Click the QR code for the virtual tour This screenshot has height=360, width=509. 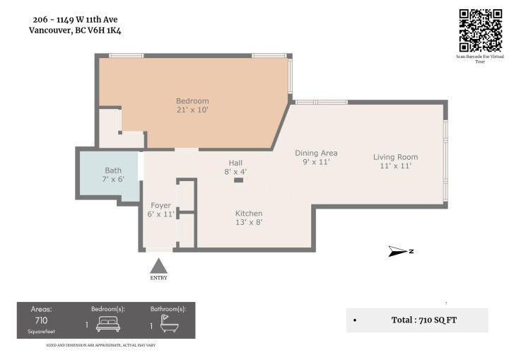481,29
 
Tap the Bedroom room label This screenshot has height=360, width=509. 192,101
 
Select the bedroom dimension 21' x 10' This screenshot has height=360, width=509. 192,110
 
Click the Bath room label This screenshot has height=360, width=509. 113,170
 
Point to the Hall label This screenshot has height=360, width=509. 235,163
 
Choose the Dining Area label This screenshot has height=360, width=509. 316,153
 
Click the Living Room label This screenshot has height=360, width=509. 396,157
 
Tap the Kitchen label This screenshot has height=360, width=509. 249,214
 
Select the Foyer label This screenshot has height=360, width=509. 160,206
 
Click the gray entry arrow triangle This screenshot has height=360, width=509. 159,266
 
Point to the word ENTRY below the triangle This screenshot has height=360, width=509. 159,278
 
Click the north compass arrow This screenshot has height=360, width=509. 400,251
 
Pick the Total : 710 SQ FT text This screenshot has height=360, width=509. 424,320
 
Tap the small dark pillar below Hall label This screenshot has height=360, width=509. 238,180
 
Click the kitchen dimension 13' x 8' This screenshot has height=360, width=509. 249,222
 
